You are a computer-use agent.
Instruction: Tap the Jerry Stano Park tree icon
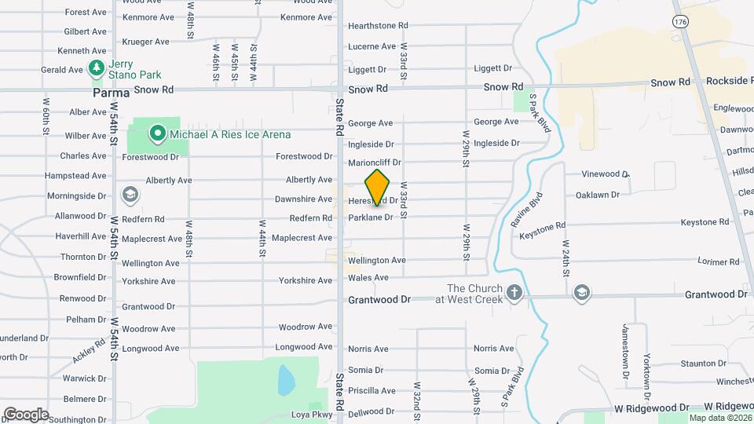(x=97, y=69)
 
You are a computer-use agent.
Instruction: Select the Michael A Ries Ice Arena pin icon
(x=157, y=134)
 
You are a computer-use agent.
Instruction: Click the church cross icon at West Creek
(x=514, y=294)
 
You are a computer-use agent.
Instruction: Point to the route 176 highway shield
(x=680, y=21)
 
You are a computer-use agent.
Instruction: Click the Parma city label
(x=110, y=92)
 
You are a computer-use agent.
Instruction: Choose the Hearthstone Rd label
(x=379, y=26)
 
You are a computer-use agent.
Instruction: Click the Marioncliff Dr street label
(x=375, y=163)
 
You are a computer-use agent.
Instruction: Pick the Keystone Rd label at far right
(x=707, y=223)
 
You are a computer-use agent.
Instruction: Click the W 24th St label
(x=565, y=256)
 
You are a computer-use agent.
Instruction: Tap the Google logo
(x=26, y=414)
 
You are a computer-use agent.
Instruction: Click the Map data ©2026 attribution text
(x=719, y=418)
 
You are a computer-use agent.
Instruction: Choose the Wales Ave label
(x=368, y=277)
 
